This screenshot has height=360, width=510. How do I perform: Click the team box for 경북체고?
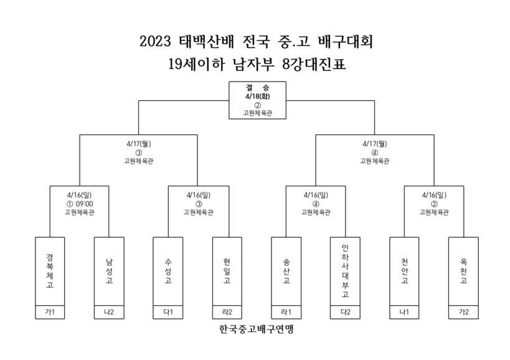pyautogui.click(x=50, y=271)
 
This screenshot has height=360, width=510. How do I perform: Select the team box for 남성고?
pyautogui.click(x=109, y=271)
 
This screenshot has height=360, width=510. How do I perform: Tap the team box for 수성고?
pyautogui.click(x=168, y=271)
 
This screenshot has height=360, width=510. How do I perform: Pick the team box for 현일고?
pyautogui.click(x=227, y=271)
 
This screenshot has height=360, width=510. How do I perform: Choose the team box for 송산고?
pyautogui.click(x=286, y=271)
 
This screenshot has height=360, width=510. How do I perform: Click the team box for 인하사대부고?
pyautogui.click(x=345, y=271)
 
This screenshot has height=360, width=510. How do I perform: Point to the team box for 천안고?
pyautogui.click(x=404, y=271)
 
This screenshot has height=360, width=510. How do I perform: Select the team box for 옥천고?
pyautogui.click(x=463, y=271)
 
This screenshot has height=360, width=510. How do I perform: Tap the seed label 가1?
pyautogui.click(x=50, y=312)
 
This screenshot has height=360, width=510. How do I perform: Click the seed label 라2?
pyautogui.click(x=227, y=312)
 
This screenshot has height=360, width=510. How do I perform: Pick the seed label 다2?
pyautogui.click(x=345, y=312)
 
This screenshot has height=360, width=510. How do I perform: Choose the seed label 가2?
pyautogui.click(x=463, y=312)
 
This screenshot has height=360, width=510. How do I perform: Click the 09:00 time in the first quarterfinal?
pyautogui.click(x=84, y=204)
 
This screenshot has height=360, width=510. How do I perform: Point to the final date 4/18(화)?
pyautogui.click(x=258, y=97)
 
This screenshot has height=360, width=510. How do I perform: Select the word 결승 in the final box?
pyautogui.click(x=258, y=87)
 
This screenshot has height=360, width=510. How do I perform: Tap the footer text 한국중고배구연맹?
pyautogui.click(x=257, y=329)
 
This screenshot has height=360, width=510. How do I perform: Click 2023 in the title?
pyautogui.click(x=155, y=41)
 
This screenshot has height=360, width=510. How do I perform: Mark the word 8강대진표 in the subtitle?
pyautogui.click(x=314, y=64)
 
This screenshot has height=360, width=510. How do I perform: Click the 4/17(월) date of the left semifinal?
pyautogui.click(x=139, y=143)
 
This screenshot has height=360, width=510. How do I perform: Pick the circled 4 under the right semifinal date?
pyautogui.click(x=375, y=153)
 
